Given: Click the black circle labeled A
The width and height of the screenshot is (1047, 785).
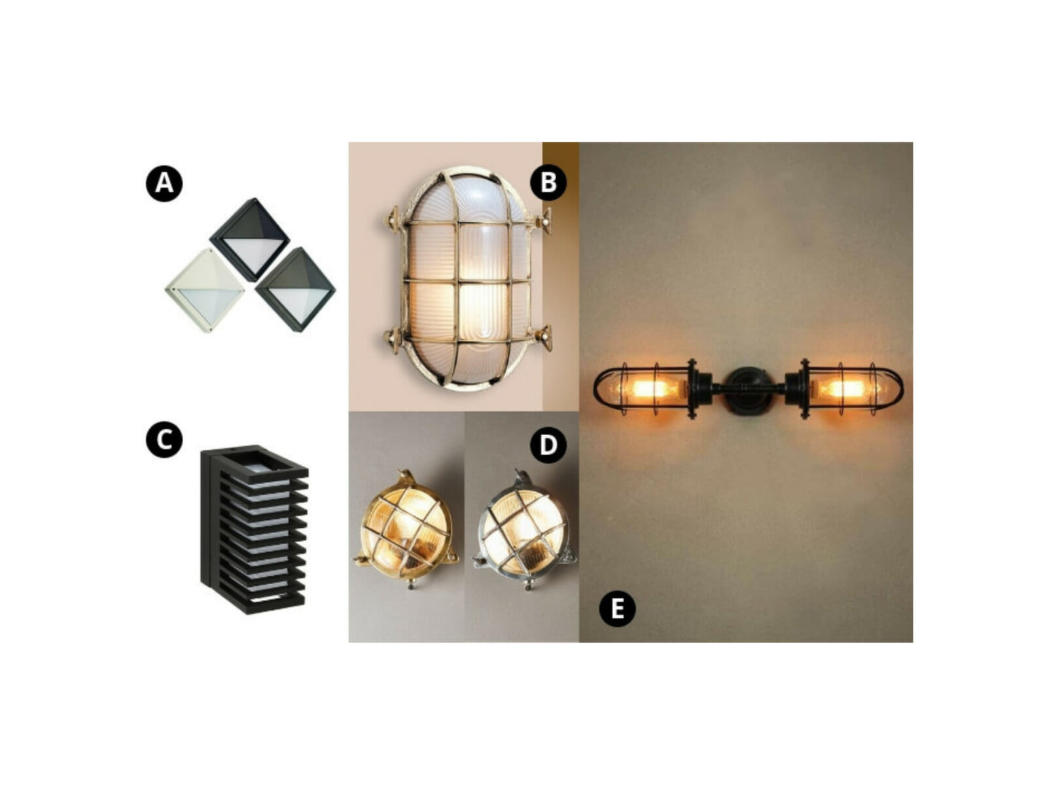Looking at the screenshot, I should (164, 183).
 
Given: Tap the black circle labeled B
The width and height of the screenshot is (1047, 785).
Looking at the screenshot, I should (548, 183).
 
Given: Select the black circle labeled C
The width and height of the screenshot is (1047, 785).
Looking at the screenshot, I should (164, 439).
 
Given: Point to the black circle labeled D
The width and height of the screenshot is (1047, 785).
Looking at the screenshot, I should (548, 445).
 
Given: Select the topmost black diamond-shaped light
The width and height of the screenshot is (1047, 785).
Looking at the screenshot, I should (249, 239).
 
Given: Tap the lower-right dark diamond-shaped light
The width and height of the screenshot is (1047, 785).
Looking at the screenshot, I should (295, 289).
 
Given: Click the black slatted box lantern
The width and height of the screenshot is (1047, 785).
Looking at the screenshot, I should (254, 530).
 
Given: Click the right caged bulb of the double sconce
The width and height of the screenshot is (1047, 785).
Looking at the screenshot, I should (847, 389).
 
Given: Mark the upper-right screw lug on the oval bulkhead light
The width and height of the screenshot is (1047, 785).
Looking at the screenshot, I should (543, 222).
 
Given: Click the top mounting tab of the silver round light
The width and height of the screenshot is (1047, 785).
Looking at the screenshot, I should (520, 476).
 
